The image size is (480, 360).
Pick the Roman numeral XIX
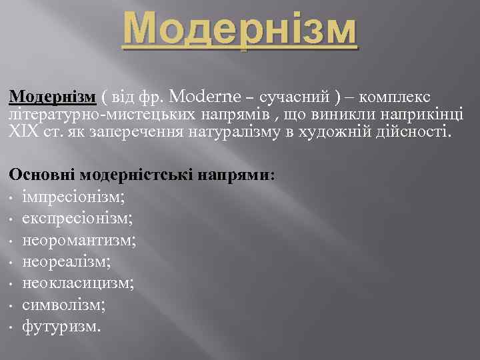coord(22,131)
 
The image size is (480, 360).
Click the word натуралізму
coord(235,131)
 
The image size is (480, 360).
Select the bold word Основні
coord(42,175)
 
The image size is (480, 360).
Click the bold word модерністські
coord(137,175)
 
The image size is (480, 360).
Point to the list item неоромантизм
coord(79,240)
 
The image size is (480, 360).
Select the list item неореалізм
coord(67,261)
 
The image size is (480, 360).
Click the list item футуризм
coord(62,327)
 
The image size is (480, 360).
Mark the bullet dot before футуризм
coord(13,328)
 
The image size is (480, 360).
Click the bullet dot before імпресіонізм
coord(13,199)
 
